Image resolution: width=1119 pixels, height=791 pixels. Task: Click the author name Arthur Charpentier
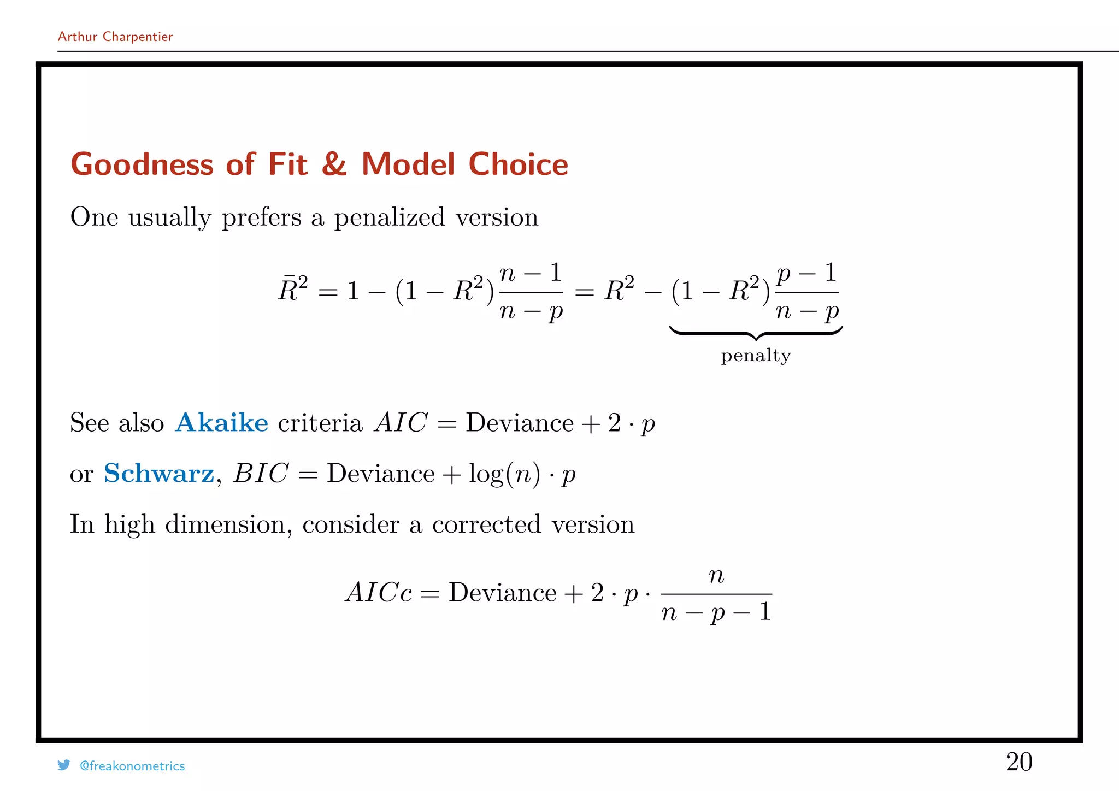[x=115, y=37]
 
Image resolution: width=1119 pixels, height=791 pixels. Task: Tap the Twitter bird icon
[x=64, y=765]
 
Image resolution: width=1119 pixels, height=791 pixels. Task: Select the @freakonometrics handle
[x=132, y=766]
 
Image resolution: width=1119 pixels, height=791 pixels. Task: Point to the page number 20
[x=1019, y=762]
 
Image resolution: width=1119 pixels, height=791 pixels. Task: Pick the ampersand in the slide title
[x=334, y=164]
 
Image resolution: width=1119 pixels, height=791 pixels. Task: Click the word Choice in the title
[x=518, y=164]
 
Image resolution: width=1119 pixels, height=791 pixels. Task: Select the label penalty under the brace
[x=756, y=356]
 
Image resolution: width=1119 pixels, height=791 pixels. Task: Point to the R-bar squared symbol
[x=293, y=289]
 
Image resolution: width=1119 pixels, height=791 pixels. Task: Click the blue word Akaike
[x=221, y=423]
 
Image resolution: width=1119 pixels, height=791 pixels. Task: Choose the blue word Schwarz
[x=159, y=473]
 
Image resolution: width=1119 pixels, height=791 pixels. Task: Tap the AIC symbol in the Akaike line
[x=401, y=423]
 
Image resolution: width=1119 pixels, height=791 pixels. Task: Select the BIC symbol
[x=261, y=473]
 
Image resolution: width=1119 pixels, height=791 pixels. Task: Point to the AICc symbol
[x=379, y=593]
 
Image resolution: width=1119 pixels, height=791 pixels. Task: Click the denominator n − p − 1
[x=716, y=612]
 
